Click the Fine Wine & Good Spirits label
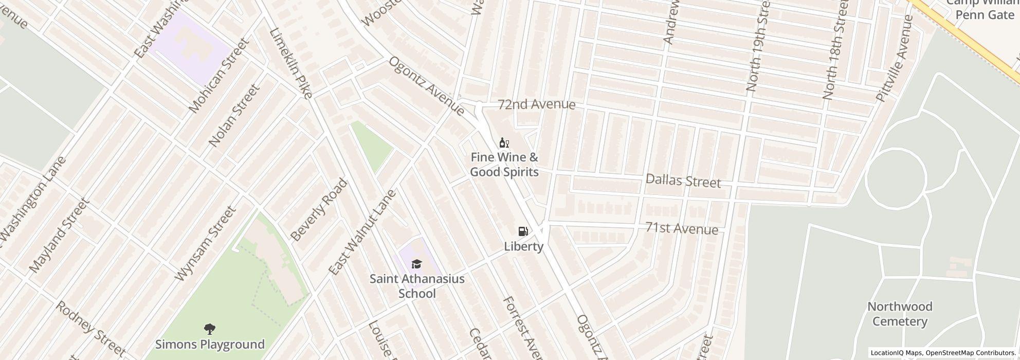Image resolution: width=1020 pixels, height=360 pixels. click(504, 165)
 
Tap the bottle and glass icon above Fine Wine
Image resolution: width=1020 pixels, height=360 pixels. click(504, 143)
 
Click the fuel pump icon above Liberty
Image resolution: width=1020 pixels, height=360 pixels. click(523, 231)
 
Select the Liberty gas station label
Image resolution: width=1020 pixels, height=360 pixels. click(523, 246)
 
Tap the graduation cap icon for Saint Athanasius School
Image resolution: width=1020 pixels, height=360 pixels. click(416, 264)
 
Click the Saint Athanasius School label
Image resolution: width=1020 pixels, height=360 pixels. click(417, 286)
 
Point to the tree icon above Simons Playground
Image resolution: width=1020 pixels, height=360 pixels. click(209, 329)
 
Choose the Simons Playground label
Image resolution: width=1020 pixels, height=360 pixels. click(210, 344)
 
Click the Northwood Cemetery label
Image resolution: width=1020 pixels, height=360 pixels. click(900, 314)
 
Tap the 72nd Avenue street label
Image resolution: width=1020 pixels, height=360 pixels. click(536, 104)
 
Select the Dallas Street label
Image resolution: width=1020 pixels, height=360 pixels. click(683, 181)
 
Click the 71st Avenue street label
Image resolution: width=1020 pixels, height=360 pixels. click(681, 228)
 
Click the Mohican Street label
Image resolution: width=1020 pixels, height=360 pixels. click(218, 75)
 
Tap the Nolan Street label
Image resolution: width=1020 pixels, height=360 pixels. click(234, 116)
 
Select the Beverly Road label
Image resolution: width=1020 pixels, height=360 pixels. click(319, 210)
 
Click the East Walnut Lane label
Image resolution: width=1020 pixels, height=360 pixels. click(362, 232)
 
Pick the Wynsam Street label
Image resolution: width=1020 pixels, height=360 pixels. click(205, 244)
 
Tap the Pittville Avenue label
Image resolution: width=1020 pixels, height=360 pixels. click(895, 59)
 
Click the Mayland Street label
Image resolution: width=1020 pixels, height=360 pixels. click(59, 236)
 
